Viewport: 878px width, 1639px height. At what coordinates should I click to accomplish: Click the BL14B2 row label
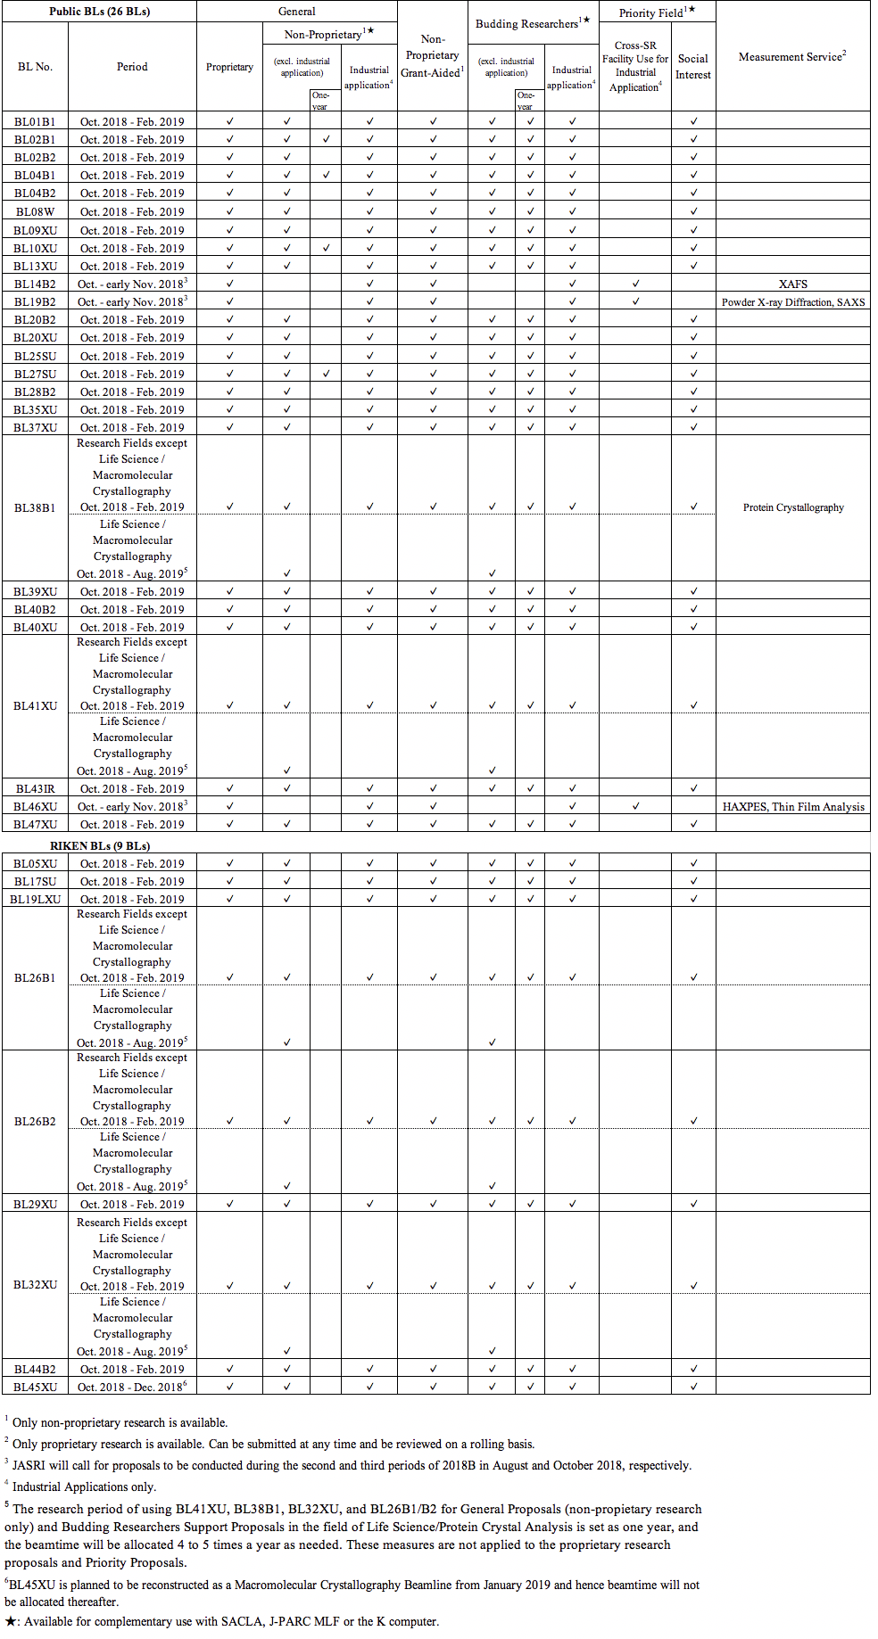click(35, 284)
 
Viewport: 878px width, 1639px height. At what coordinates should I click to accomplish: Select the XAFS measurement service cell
click(792, 284)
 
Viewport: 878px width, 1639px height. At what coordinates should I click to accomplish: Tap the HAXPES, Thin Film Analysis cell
click(792, 806)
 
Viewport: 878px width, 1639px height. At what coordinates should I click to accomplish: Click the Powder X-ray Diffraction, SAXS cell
click(792, 301)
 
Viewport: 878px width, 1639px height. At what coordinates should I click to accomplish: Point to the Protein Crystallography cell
click(792, 507)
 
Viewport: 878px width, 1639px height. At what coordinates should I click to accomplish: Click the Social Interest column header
click(692, 67)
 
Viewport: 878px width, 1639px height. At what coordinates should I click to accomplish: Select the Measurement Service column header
click(791, 56)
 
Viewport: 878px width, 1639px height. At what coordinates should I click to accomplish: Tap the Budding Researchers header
click(532, 22)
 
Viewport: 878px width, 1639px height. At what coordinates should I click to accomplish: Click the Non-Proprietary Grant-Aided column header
click(432, 56)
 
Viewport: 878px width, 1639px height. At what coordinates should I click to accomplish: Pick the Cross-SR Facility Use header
click(634, 67)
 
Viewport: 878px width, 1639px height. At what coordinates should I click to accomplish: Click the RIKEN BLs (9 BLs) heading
click(100, 845)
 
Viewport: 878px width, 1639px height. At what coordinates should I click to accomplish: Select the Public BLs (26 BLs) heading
click(99, 12)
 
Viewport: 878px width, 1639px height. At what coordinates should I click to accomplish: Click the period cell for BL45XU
click(131, 1387)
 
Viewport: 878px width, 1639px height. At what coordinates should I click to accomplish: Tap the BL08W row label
click(35, 211)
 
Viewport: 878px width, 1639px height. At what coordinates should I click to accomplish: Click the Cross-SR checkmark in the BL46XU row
click(635, 806)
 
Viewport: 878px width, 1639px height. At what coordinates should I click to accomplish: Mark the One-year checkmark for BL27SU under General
click(326, 374)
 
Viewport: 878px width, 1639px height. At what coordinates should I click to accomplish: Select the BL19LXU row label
click(35, 899)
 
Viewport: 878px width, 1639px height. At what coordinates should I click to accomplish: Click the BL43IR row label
click(35, 788)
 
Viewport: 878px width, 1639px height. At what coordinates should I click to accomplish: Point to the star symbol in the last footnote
click(11, 1621)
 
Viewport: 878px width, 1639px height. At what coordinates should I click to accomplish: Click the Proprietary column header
click(229, 67)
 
